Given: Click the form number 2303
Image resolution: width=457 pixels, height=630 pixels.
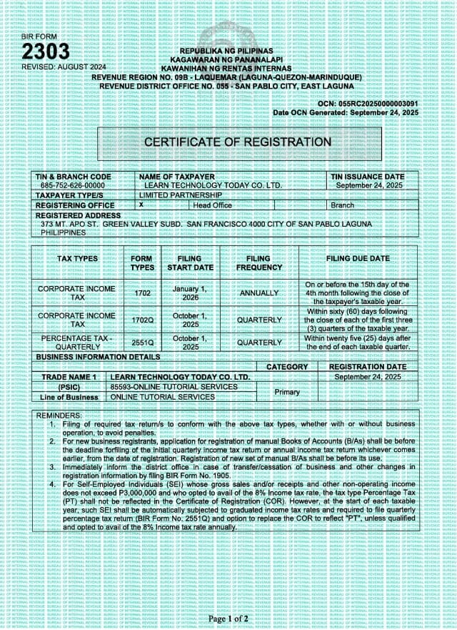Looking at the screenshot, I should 46,51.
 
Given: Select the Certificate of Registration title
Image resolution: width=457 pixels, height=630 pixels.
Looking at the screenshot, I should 238,142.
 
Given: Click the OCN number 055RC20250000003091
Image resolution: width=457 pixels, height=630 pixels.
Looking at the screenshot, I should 378,103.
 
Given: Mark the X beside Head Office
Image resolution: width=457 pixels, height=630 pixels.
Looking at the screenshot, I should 141,205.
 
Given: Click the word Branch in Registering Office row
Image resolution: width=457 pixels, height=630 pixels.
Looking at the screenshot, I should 342,205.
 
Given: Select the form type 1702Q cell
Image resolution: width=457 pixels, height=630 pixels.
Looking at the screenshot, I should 143,320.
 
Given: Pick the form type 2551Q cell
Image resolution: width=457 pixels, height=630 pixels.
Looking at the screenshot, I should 143,343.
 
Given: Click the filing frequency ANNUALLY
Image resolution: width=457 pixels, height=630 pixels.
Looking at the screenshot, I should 258,293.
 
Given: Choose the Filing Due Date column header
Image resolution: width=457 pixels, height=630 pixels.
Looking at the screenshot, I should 358,258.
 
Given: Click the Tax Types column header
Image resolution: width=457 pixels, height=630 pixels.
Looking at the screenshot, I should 77,258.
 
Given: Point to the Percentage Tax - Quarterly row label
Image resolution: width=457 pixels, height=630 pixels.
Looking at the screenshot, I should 77,343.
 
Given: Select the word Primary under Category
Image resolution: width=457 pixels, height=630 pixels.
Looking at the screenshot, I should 287,392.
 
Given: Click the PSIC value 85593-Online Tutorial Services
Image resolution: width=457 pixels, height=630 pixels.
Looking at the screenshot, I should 174,387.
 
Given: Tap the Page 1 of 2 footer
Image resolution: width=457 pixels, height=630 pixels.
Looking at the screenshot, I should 228,618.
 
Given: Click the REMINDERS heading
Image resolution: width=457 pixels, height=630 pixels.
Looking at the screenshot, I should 59,415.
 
